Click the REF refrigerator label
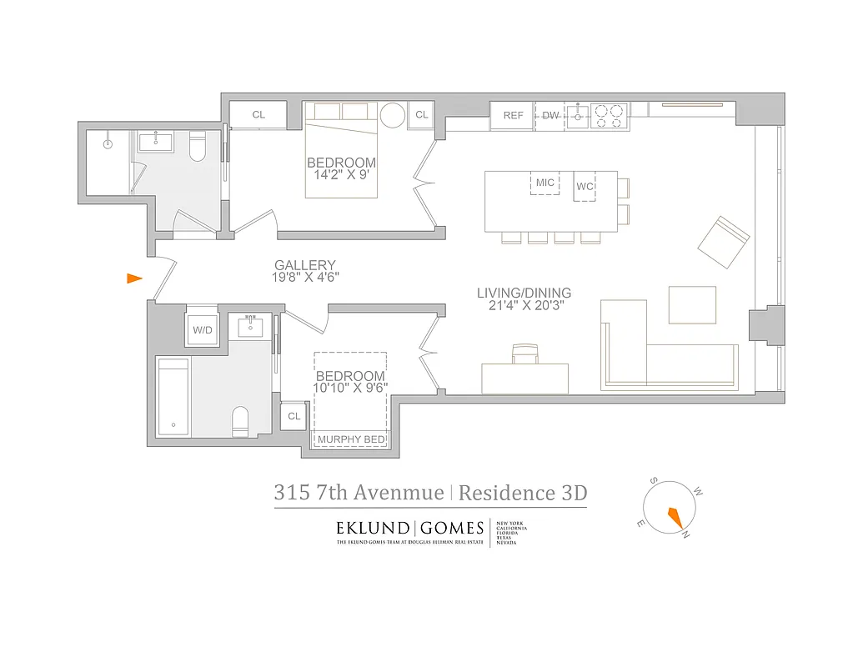[x=514, y=116]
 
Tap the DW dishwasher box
[x=550, y=116]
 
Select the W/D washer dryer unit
[x=203, y=330]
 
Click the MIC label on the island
[x=545, y=183]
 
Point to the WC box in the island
[x=585, y=186]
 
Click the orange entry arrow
[x=134, y=278]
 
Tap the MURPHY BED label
[x=350, y=439]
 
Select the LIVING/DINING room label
[x=524, y=293]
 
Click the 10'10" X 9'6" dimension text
[x=350, y=387]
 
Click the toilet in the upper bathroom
[x=198, y=148]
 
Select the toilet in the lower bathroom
[x=240, y=421]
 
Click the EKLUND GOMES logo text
[x=409, y=528]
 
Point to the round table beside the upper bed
[x=392, y=116]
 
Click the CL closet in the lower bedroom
[x=294, y=416]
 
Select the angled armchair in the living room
[x=724, y=243]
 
